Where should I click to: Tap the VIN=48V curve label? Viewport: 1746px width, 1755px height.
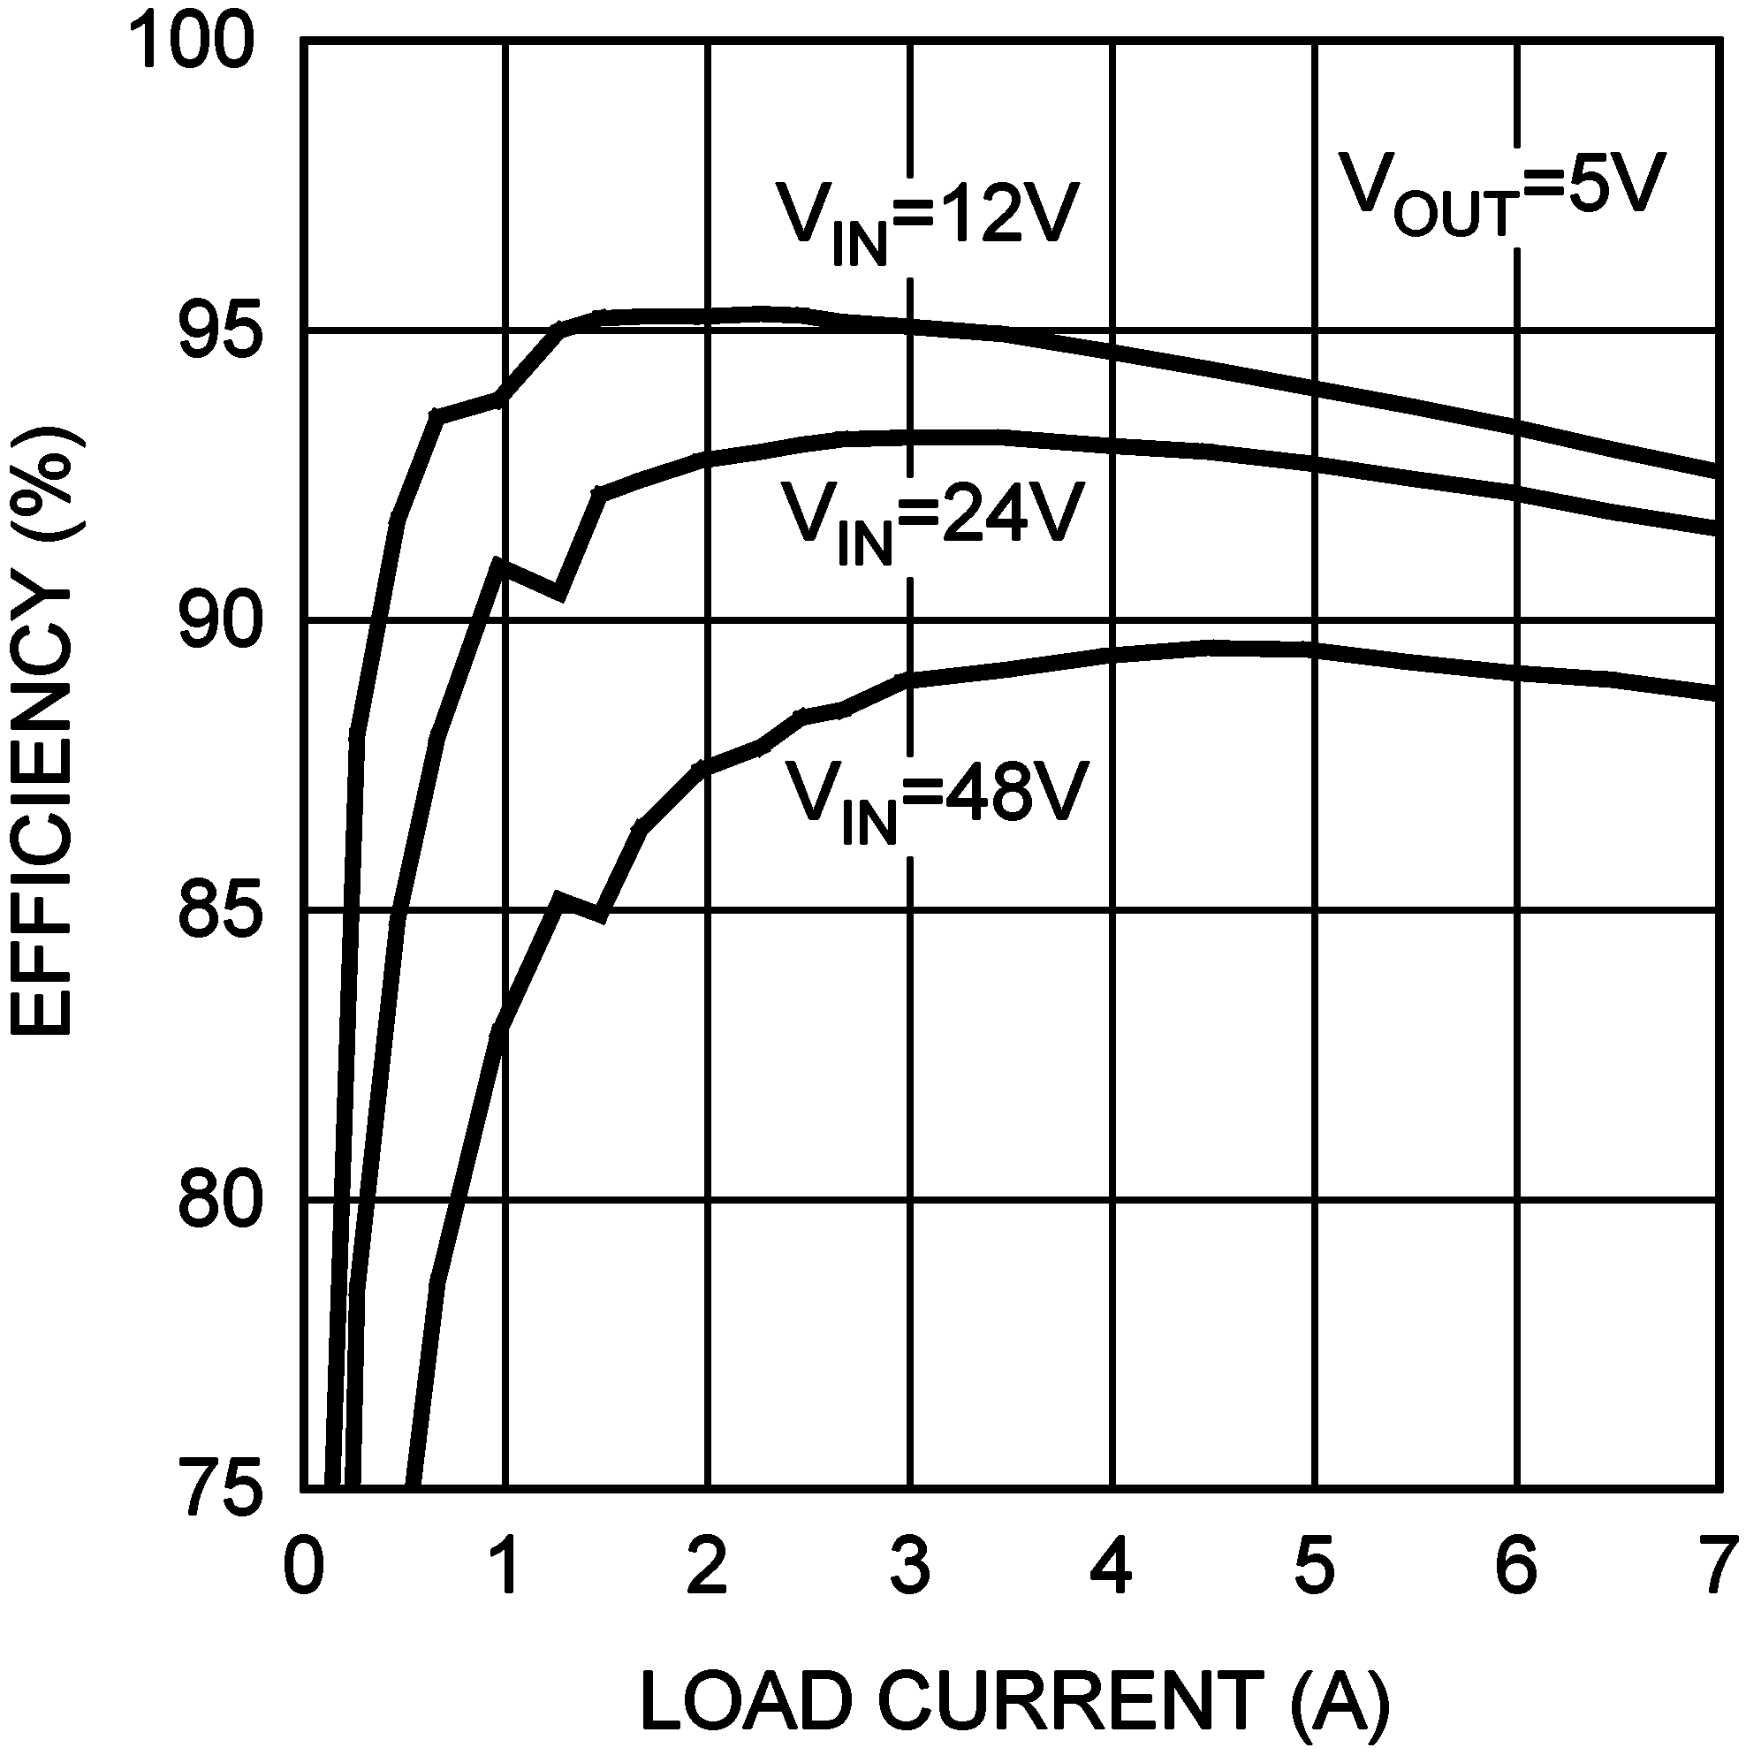tap(936, 800)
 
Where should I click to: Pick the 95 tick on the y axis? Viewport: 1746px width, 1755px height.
tap(215, 331)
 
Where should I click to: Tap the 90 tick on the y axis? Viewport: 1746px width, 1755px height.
tap(215, 622)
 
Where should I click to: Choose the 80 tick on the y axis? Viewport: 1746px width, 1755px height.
tap(215, 1201)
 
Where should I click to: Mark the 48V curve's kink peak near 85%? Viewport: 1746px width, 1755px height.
tap(559, 899)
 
